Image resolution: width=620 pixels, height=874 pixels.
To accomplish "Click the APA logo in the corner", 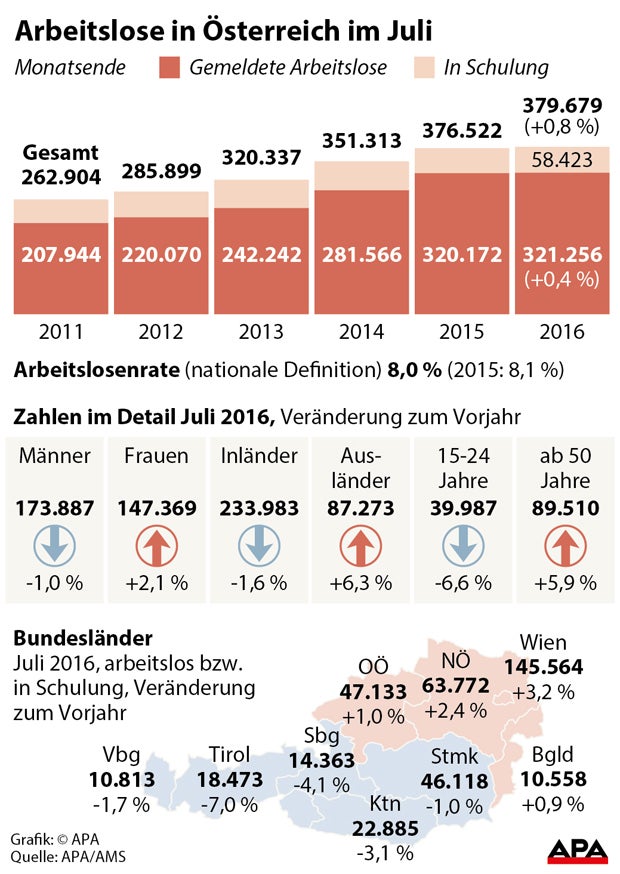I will [577, 850].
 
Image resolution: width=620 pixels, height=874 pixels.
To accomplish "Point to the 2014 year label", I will [360, 331].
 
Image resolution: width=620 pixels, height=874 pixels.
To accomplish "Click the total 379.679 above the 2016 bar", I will [563, 106].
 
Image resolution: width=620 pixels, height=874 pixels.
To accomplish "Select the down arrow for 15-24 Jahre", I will [462, 548].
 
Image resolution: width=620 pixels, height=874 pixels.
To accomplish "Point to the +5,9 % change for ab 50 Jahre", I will [563, 582].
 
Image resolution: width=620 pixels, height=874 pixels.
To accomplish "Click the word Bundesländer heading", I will [84, 637].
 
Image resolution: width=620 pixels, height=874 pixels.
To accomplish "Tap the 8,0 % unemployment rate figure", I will [414, 370].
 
